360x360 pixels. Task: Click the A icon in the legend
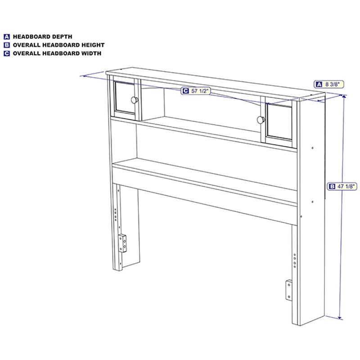(7, 37)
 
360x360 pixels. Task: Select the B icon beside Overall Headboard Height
(7, 45)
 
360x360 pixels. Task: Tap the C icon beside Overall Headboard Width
(7, 53)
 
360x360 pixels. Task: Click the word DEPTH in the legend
(62, 37)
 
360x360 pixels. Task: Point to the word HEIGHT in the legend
(94, 45)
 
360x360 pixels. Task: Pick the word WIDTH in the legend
(91, 53)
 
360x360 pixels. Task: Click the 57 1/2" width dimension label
(196, 91)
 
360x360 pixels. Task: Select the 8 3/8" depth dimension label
(329, 84)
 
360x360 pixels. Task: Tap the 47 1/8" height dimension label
(342, 186)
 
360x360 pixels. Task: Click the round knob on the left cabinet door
(135, 100)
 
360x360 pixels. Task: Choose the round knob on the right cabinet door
(261, 120)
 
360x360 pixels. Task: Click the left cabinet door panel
(126, 97)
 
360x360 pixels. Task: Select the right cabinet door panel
(279, 122)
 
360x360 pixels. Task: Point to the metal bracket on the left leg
(122, 243)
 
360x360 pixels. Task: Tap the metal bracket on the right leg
(289, 290)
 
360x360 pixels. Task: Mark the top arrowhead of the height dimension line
(344, 97)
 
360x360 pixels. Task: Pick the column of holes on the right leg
(295, 261)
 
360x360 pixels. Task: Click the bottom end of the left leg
(117, 269)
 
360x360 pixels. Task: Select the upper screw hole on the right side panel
(312, 148)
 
